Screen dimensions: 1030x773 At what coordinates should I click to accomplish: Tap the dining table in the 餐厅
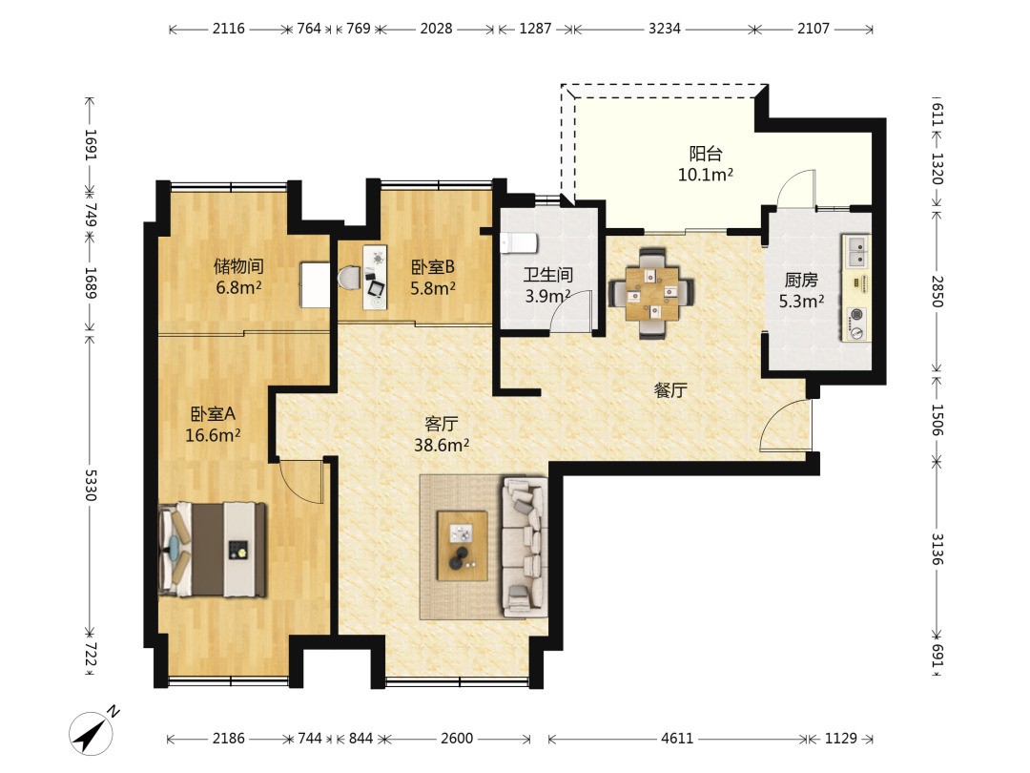coord(651,293)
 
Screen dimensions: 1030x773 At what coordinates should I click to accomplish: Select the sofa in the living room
coord(525,547)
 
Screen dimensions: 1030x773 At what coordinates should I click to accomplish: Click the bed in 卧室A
coord(212,550)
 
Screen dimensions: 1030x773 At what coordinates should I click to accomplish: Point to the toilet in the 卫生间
coord(518,242)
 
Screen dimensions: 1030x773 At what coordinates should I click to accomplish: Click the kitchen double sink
coord(855,250)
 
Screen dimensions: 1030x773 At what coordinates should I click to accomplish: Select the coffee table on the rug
coord(463,546)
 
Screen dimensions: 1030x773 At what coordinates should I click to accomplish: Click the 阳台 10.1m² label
coord(705,164)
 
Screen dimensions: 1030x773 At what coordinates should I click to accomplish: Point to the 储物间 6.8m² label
coord(238,276)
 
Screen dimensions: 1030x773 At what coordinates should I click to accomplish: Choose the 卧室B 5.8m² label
coord(433,278)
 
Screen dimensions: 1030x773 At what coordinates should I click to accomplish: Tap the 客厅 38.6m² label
coord(442,434)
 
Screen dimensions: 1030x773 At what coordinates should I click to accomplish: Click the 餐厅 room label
coord(670,390)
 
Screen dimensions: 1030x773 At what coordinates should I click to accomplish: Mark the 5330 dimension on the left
coord(90,485)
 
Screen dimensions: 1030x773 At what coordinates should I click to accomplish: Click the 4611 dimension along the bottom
coord(676,738)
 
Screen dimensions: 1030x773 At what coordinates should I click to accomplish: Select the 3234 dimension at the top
coord(664,29)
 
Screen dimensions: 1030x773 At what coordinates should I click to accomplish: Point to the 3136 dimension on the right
coord(937,549)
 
